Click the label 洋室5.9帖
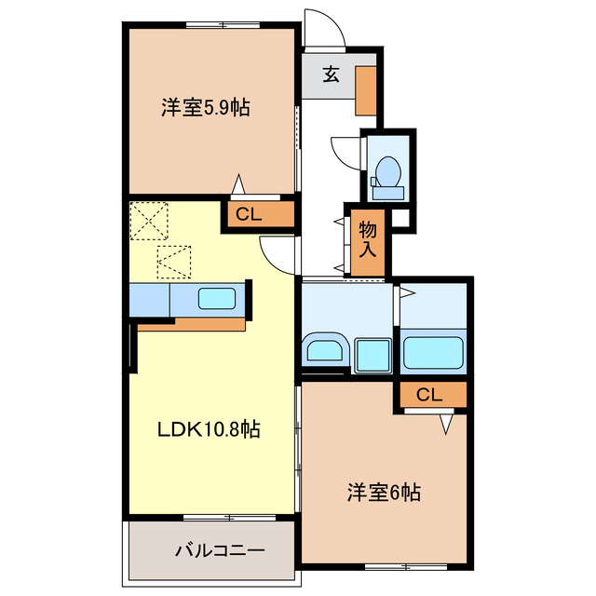click(x=205, y=108)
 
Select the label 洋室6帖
click(x=384, y=492)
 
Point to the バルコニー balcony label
click(x=220, y=550)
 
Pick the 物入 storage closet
click(x=368, y=240)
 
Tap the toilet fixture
click(x=386, y=172)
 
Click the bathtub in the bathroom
click(x=433, y=351)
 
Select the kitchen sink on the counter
click(x=217, y=300)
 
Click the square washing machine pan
click(x=373, y=354)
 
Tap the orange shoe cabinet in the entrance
click(x=366, y=89)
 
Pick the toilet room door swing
click(x=346, y=152)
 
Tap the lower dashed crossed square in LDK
click(x=174, y=262)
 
